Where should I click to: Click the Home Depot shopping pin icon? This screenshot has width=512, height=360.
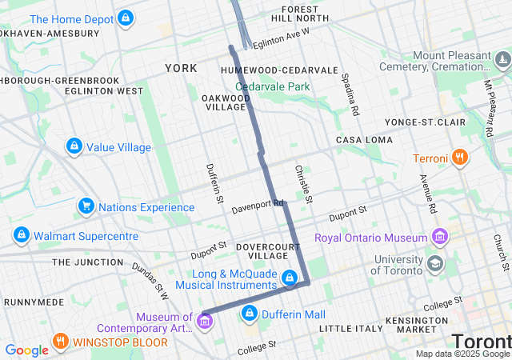point(125,18)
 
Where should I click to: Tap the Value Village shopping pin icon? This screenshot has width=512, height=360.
point(74,146)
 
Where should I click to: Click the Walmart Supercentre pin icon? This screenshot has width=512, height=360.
point(22,235)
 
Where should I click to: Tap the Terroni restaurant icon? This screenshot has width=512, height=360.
point(460,158)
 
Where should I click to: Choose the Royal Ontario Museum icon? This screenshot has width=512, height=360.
point(439,237)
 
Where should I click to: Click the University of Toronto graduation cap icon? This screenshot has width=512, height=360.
point(434,263)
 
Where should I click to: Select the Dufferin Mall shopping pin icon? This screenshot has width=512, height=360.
point(250,313)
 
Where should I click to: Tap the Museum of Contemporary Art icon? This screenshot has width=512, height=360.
point(205,322)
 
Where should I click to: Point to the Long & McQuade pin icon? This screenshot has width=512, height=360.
point(290,278)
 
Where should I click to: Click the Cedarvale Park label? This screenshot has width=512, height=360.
point(272,86)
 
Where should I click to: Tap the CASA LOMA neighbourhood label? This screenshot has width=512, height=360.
point(364,140)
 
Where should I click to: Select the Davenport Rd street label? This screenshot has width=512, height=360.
point(258,206)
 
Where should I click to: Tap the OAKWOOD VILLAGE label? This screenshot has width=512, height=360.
point(224,102)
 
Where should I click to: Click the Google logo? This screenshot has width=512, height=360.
point(26,350)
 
